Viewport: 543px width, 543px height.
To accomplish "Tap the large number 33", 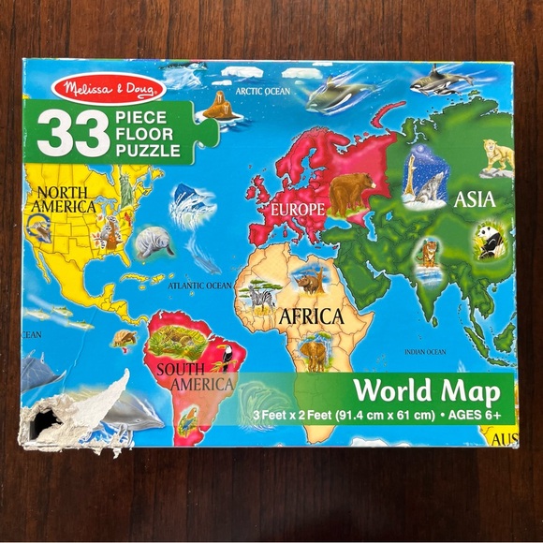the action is pos(73,134).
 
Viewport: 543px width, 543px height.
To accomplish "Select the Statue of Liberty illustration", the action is pos(123,192).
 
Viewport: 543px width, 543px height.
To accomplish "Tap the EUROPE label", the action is pos(297,207).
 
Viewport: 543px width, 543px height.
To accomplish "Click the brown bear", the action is pos(352,192).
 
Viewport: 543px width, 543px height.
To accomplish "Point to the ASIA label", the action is pos(474,199).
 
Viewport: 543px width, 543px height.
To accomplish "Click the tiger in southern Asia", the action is pos(430,253).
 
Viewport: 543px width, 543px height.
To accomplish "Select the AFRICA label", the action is pos(311,316).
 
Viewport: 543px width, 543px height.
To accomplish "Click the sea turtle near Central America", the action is pos(125,338).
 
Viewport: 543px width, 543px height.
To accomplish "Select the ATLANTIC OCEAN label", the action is pos(198,285).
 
